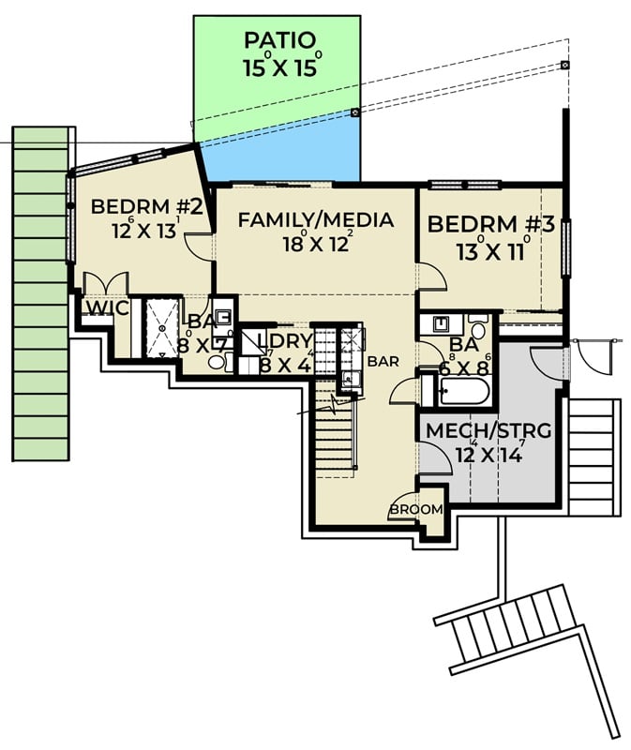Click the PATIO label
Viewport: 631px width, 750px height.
coord(278,41)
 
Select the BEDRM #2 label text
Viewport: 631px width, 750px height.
coord(147,206)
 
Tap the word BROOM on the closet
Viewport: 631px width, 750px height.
coord(416,509)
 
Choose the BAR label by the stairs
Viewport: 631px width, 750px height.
coord(383,361)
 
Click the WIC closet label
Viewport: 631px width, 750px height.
coord(100,308)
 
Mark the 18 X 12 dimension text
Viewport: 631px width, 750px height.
coord(315,244)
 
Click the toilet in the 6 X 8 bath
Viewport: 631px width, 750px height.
coord(477,328)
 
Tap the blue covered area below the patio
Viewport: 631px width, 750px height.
coord(281,150)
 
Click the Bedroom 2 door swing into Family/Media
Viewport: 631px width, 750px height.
coord(199,246)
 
